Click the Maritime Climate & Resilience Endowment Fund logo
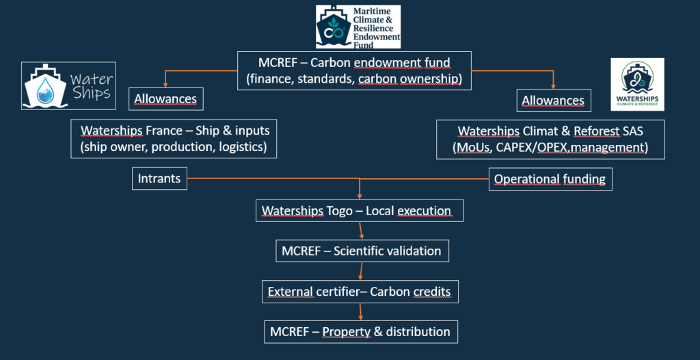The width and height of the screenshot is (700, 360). tap(358, 26)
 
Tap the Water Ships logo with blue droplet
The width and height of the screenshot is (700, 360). tap(68, 85)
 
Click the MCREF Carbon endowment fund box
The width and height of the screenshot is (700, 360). tap(354, 71)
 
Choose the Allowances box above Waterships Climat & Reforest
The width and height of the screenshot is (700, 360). tap(553, 100)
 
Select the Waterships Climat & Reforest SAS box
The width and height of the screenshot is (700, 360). tap(550, 139)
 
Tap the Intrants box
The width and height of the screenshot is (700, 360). tap(159, 179)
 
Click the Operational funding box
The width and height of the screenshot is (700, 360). tap(550, 179)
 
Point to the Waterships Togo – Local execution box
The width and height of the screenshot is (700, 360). tap(360, 211)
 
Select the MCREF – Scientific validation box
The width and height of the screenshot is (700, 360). tap(362, 251)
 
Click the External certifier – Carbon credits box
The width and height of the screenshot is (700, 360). tap(360, 292)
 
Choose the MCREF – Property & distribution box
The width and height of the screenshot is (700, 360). tap(360, 332)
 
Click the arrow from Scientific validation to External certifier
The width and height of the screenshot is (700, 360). tap(360, 271)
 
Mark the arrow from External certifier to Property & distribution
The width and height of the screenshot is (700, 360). tap(360, 311)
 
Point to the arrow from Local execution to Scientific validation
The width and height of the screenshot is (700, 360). tap(360, 231)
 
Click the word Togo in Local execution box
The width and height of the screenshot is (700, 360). tap(343, 211)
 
